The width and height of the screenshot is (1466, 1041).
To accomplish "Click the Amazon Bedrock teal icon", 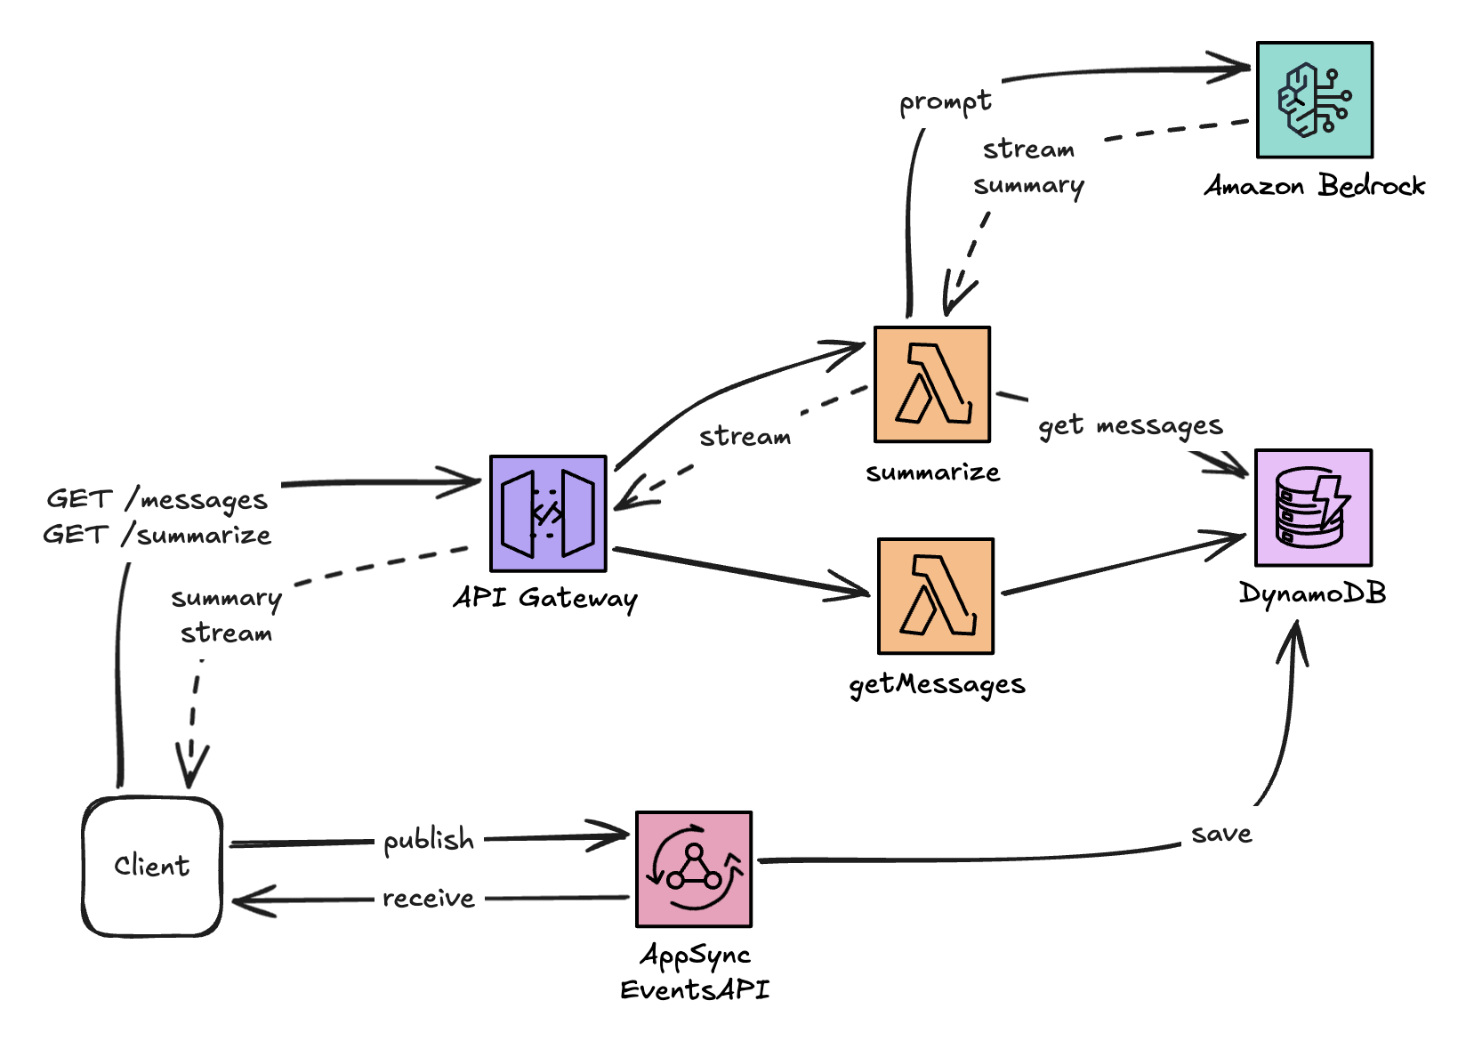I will (x=1314, y=100).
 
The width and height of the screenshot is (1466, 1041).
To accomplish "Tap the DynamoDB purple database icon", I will (x=1313, y=507).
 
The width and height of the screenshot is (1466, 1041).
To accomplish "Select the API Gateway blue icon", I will (x=548, y=513).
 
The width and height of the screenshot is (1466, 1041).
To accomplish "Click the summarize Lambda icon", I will (x=931, y=384).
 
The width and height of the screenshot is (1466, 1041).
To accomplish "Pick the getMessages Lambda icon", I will (x=935, y=596).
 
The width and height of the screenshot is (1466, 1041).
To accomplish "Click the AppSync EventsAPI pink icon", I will (x=694, y=869).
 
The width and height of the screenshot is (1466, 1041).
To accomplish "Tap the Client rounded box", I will (x=152, y=866).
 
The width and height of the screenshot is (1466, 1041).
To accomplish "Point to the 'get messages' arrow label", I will (x=1130, y=426).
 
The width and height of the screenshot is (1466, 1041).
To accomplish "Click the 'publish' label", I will (x=429, y=840).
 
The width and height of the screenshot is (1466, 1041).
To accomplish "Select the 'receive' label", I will (x=429, y=899).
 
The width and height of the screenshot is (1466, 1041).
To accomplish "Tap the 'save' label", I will (x=1221, y=834).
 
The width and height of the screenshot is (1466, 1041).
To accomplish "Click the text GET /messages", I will (x=157, y=499).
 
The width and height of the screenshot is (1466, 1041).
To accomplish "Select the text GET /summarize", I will (x=157, y=535).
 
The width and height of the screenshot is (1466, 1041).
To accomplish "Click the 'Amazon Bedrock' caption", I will (x=1314, y=186).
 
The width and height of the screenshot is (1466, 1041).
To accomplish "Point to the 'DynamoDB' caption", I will (x=1312, y=593).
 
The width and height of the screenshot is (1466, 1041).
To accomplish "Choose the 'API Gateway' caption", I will (x=545, y=598).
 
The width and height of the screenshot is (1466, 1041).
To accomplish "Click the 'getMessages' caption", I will (x=937, y=684).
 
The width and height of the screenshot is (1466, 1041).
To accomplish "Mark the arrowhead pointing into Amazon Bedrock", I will (x=1242, y=68).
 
